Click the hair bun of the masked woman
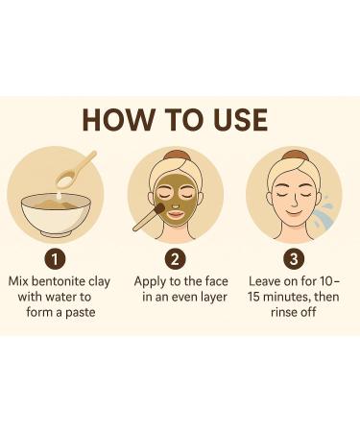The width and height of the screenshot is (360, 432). [x=175, y=154]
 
